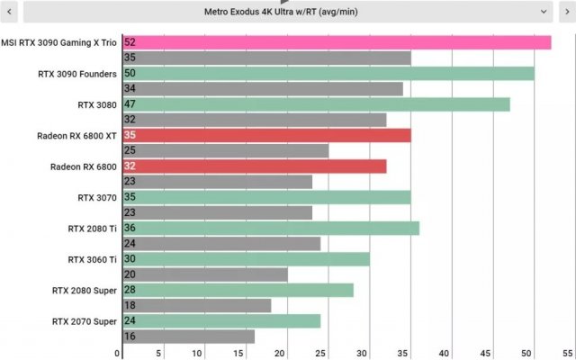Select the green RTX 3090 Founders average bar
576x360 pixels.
click(328, 74)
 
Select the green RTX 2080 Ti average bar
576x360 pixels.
click(270, 229)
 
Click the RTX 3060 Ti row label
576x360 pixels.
click(92, 259)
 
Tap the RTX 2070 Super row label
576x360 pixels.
click(85, 321)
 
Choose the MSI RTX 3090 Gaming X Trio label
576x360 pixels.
click(58, 42)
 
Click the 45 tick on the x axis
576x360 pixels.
click(485, 353)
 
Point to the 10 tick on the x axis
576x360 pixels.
click(200, 353)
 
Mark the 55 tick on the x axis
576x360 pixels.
click(567, 353)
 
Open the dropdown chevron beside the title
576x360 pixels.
click(544, 12)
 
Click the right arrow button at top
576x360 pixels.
click(567, 12)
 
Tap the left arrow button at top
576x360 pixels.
click(10, 12)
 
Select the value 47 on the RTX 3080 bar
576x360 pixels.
click(130, 104)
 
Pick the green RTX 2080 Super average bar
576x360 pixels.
click(238, 290)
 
